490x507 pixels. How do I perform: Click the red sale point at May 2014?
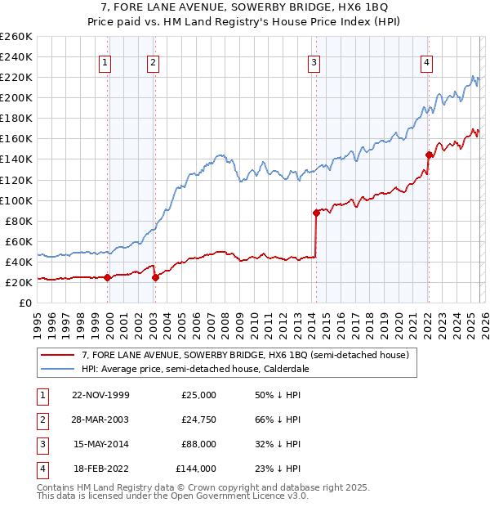315,213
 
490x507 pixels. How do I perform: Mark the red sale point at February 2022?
429,155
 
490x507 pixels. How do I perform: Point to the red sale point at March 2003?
155,277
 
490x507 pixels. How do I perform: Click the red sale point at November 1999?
108,277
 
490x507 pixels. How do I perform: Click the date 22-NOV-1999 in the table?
100,395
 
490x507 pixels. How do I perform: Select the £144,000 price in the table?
196,469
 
